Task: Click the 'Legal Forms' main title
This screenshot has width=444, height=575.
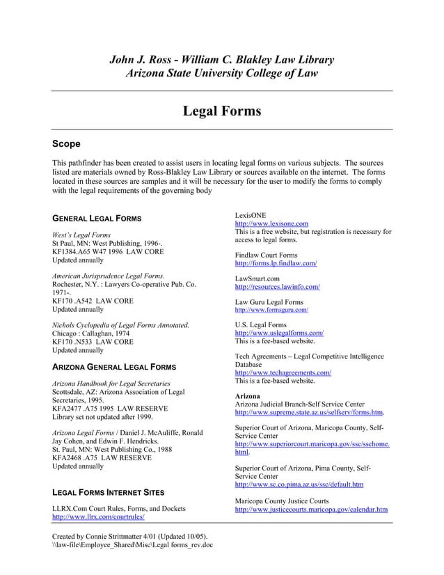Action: (221, 111)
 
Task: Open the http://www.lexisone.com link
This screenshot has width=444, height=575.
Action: (271, 223)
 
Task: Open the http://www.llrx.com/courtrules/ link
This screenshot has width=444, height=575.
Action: (97, 518)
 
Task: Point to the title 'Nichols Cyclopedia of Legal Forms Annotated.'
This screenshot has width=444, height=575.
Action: (120, 325)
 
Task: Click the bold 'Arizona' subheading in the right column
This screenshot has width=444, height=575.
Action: (248, 395)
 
